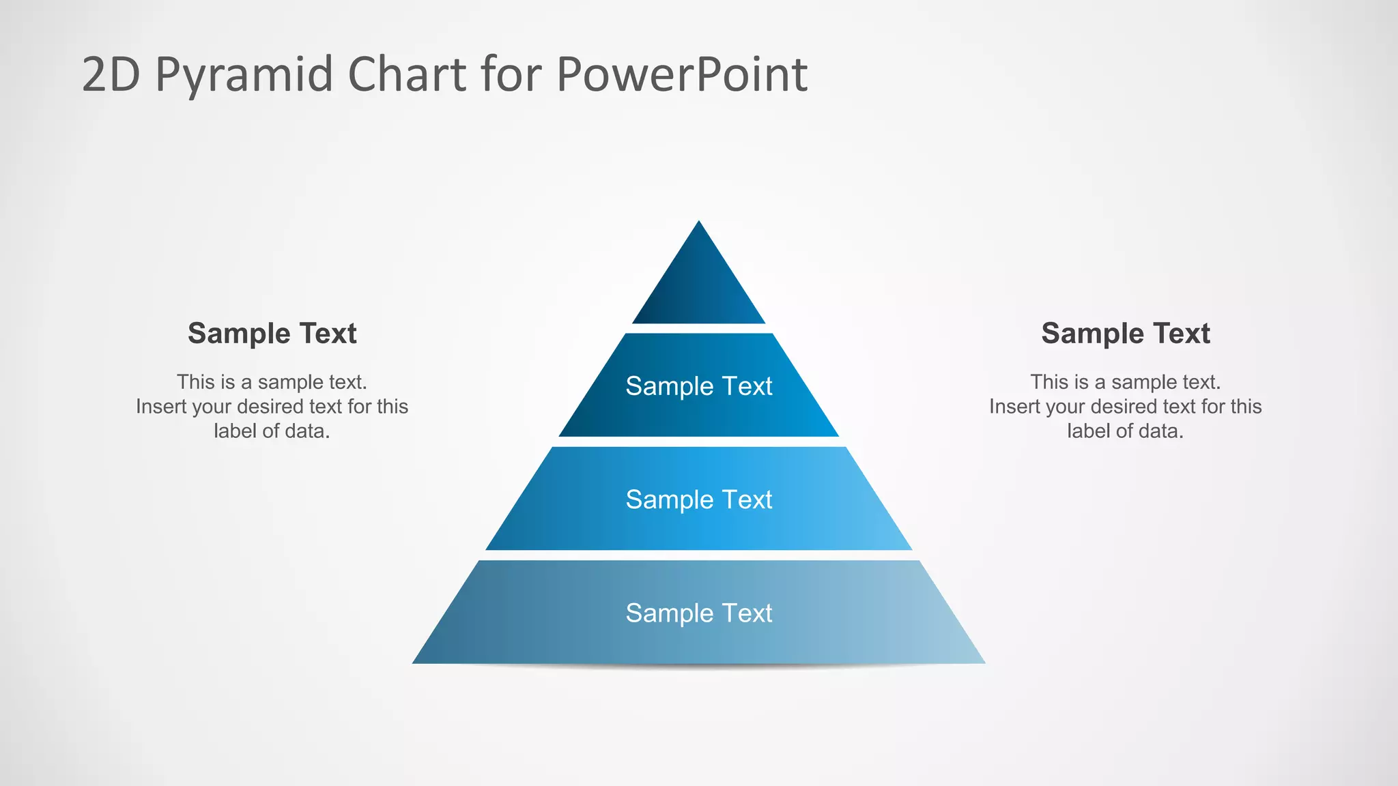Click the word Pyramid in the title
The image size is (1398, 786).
(x=244, y=75)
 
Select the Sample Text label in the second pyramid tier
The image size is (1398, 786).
(x=699, y=386)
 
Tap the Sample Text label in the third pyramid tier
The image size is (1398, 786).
(x=699, y=499)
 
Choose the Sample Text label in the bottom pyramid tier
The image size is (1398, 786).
(x=699, y=613)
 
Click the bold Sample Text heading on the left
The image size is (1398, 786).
(x=272, y=334)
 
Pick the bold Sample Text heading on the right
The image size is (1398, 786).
(x=1126, y=334)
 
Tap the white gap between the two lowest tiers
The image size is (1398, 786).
(x=699, y=555)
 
